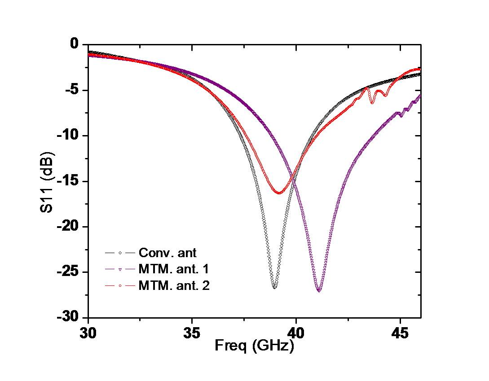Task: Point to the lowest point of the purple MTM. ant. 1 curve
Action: pos(319,291)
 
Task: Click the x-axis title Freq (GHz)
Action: pos(254,346)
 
